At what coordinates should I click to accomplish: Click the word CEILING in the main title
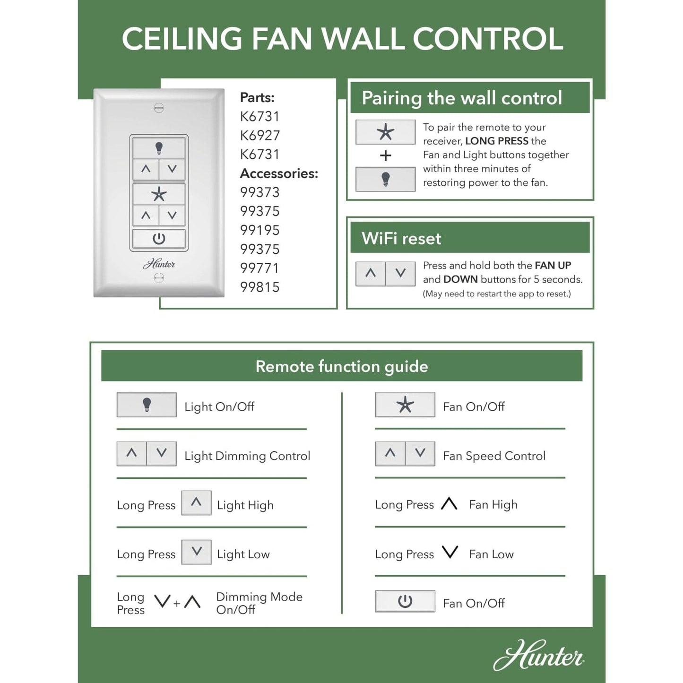(182, 39)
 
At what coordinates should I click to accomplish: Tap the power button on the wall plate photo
(159, 239)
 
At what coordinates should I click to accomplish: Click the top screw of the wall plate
(159, 108)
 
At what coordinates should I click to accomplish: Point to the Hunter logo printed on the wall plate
(159, 264)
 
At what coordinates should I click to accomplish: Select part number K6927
(260, 136)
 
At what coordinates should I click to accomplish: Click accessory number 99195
(260, 230)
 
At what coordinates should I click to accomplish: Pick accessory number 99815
(260, 287)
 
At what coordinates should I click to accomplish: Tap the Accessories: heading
(279, 173)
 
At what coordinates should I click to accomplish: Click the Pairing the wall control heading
(462, 98)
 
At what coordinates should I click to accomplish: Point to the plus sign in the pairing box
(386, 156)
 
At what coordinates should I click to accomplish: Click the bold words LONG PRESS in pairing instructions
(497, 141)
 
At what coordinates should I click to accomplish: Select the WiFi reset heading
(401, 238)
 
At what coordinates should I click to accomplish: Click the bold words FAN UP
(553, 265)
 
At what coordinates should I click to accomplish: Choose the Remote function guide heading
(342, 366)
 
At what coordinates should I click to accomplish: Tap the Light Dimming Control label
(247, 456)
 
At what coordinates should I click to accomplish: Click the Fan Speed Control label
(494, 456)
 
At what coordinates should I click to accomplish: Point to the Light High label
(245, 505)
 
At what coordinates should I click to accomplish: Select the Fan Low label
(491, 554)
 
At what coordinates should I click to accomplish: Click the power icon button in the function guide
(405, 601)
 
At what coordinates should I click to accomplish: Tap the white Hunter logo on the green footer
(538, 656)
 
